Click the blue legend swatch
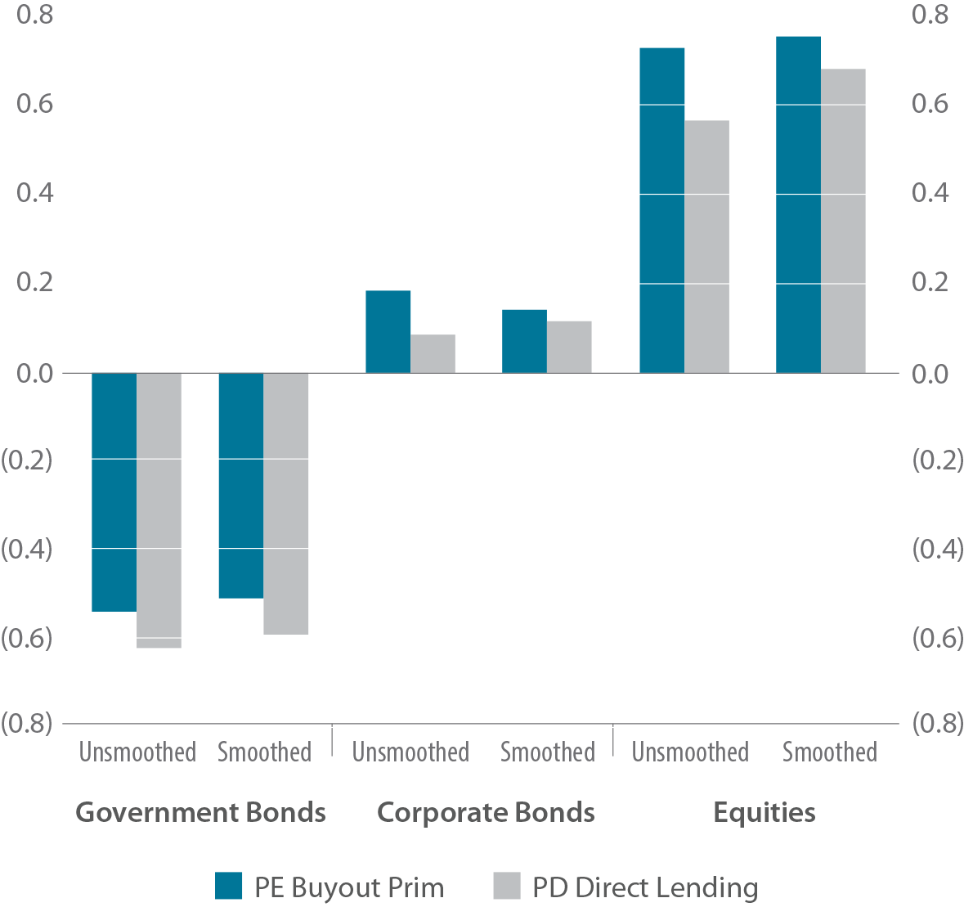tap(232, 888)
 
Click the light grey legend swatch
tap(497, 888)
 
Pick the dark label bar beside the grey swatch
tap(643, 888)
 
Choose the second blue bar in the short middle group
tap(518, 337)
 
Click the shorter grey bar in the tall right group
tap(706, 245)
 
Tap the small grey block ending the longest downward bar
tap(159, 661)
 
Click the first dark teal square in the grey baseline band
tap(114, 351)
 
